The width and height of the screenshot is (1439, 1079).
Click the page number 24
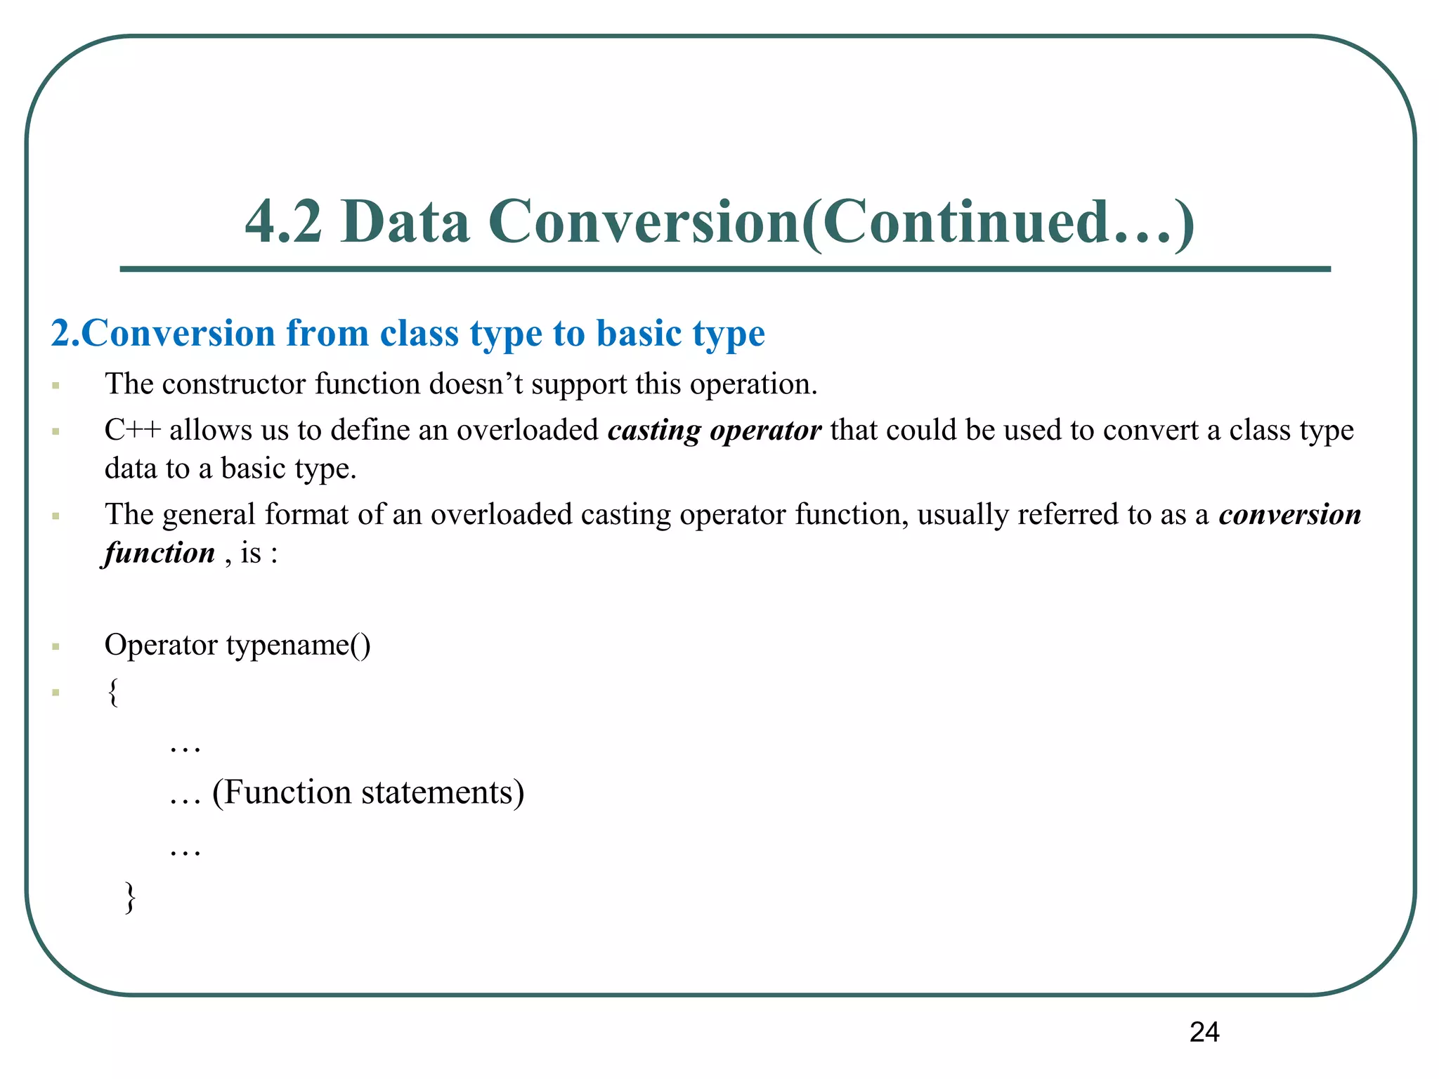pyautogui.click(x=1204, y=1032)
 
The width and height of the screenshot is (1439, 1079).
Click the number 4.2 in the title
pyautogui.click(x=283, y=221)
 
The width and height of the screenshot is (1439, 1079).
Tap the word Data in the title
pyautogui.click(x=405, y=221)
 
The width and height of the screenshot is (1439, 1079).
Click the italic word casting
pyautogui.click(x=654, y=430)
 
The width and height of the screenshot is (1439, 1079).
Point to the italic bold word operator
pyautogui.click(x=765, y=430)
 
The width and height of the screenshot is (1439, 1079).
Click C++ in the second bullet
pyautogui.click(x=132, y=430)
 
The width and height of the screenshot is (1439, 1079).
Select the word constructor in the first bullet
pyautogui.click(x=234, y=384)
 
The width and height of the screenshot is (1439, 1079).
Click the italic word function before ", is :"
pyautogui.click(x=159, y=553)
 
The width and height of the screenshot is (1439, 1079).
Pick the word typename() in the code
pyautogui.click(x=298, y=645)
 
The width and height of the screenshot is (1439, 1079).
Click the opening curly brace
pyautogui.click(x=113, y=692)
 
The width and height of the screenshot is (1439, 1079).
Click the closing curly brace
pyautogui.click(x=130, y=897)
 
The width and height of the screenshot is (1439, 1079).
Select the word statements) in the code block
pyautogui.click(x=443, y=792)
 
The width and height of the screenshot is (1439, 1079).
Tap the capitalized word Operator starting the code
pyautogui.click(x=161, y=645)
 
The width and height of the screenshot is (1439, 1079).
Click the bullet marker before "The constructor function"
pyautogui.click(x=56, y=386)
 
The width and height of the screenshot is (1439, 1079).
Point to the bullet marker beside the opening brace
pyautogui.click(x=56, y=693)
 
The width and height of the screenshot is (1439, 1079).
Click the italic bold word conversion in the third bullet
pyautogui.click(x=1290, y=514)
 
